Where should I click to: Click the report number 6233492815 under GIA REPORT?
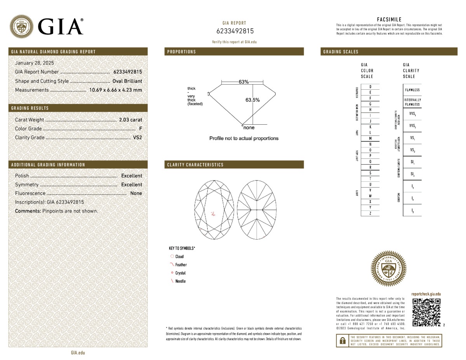point(235,31)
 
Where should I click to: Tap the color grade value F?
point(140,129)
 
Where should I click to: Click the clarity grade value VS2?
point(137,137)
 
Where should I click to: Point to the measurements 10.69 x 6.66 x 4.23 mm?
point(115,90)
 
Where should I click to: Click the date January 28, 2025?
point(34,63)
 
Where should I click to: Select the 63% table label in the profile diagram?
point(243,82)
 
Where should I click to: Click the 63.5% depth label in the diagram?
point(252,100)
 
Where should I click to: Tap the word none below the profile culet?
point(249,128)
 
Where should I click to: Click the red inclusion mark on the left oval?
point(213,213)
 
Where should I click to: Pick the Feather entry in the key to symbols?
point(181,265)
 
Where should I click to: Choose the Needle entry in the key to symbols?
point(180,281)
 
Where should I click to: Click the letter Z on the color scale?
point(370,214)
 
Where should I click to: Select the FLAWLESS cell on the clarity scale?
point(412,90)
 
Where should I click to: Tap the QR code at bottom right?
point(426,312)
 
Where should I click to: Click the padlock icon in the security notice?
point(342,341)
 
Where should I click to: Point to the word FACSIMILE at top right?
point(389,19)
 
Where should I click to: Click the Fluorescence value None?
point(136,193)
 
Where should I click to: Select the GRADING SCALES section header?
point(341,52)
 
